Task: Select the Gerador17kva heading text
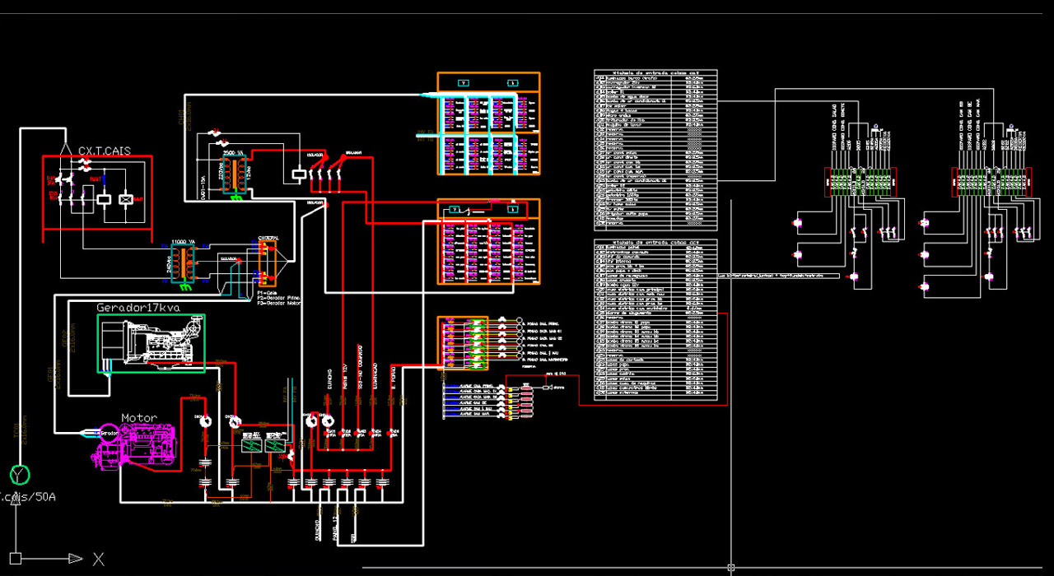tap(138, 308)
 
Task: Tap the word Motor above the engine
tap(139, 418)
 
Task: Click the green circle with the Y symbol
tap(19, 475)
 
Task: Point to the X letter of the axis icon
tap(99, 560)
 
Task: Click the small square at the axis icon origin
tap(15, 559)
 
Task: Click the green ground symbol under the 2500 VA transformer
tap(236, 197)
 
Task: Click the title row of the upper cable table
tap(655, 72)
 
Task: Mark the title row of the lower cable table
tap(655, 243)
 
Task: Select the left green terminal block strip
tap(859, 182)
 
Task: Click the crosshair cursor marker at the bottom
tap(730, 567)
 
